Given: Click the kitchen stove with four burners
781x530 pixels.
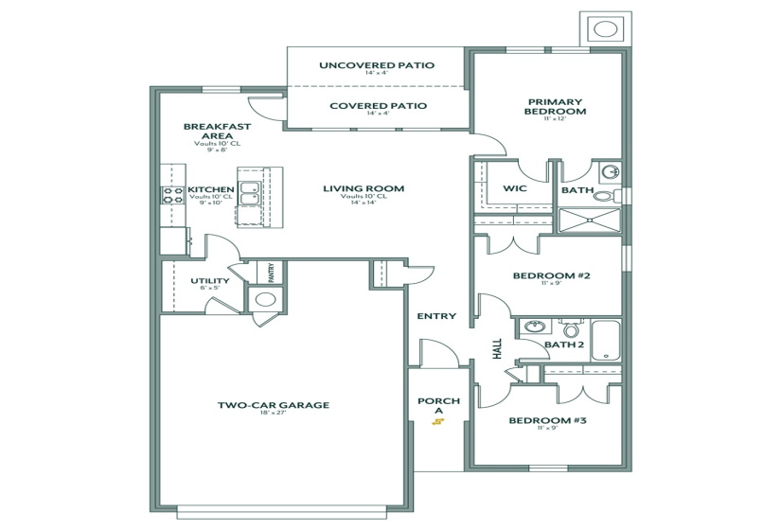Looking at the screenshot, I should (x=173, y=196).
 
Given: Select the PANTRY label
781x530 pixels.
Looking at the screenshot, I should (x=271, y=274).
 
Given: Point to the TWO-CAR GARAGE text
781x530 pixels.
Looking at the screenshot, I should (x=273, y=405).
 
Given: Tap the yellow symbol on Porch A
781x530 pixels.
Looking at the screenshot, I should (x=437, y=422).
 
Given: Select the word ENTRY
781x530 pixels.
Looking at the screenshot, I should (x=436, y=316).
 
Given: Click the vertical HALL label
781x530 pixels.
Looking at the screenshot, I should (x=496, y=349).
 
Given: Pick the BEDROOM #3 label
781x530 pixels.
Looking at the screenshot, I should (x=548, y=420).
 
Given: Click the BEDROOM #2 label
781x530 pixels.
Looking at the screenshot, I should (x=551, y=275).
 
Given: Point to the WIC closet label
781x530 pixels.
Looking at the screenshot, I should (x=514, y=189).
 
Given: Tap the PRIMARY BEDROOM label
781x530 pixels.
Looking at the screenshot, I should (x=556, y=106).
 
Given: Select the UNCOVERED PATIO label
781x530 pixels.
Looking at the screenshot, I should (x=377, y=65).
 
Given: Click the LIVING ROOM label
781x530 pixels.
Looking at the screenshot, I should (x=364, y=188).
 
